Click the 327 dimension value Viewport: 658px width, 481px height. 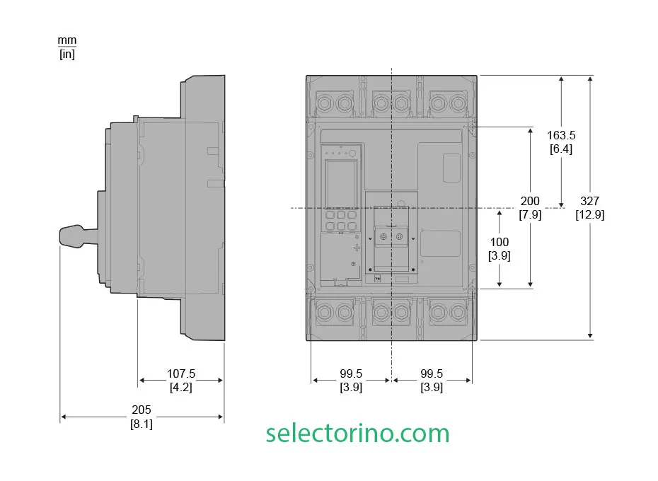pos(589,201)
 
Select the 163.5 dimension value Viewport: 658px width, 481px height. pos(561,136)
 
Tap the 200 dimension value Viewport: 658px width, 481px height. pos(530,201)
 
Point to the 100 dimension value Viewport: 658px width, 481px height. pos(500,242)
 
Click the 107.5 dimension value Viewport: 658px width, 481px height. pos(181,373)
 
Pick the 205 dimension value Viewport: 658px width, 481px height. pos(142,410)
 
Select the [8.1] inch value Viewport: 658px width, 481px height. pos(142,424)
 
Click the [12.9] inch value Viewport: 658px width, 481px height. pos(589,215)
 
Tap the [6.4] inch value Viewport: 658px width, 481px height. pos(561,149)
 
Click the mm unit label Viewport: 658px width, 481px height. pos(67,41)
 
